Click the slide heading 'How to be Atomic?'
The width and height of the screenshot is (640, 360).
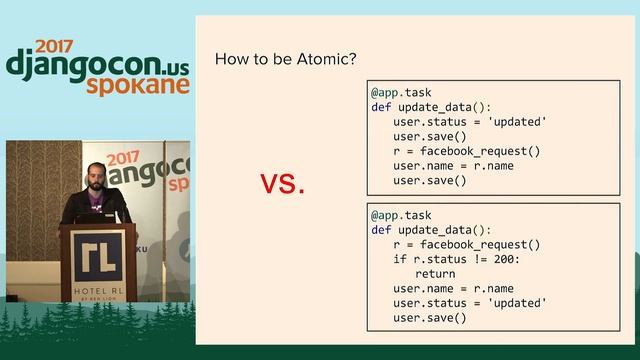point(285,59)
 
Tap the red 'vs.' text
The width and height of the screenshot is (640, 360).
point(283,184)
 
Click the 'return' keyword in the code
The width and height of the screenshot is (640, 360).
point(435,273)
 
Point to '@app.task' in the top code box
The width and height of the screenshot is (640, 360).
point(401,92)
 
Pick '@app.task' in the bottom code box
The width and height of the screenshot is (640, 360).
point(401,215)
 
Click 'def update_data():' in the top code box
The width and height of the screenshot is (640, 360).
point(431,107)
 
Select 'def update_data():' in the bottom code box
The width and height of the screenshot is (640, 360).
point(431,230)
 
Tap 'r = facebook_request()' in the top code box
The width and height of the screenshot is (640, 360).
point(467,151)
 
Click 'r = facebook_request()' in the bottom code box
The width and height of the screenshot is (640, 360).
point(467,244)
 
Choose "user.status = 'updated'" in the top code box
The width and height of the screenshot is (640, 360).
point(470,122)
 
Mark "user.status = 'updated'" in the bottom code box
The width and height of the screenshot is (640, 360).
point(470,303)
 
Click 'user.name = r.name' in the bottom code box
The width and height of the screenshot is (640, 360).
point(452,288)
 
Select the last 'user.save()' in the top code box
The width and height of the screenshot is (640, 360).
point(430,181)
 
